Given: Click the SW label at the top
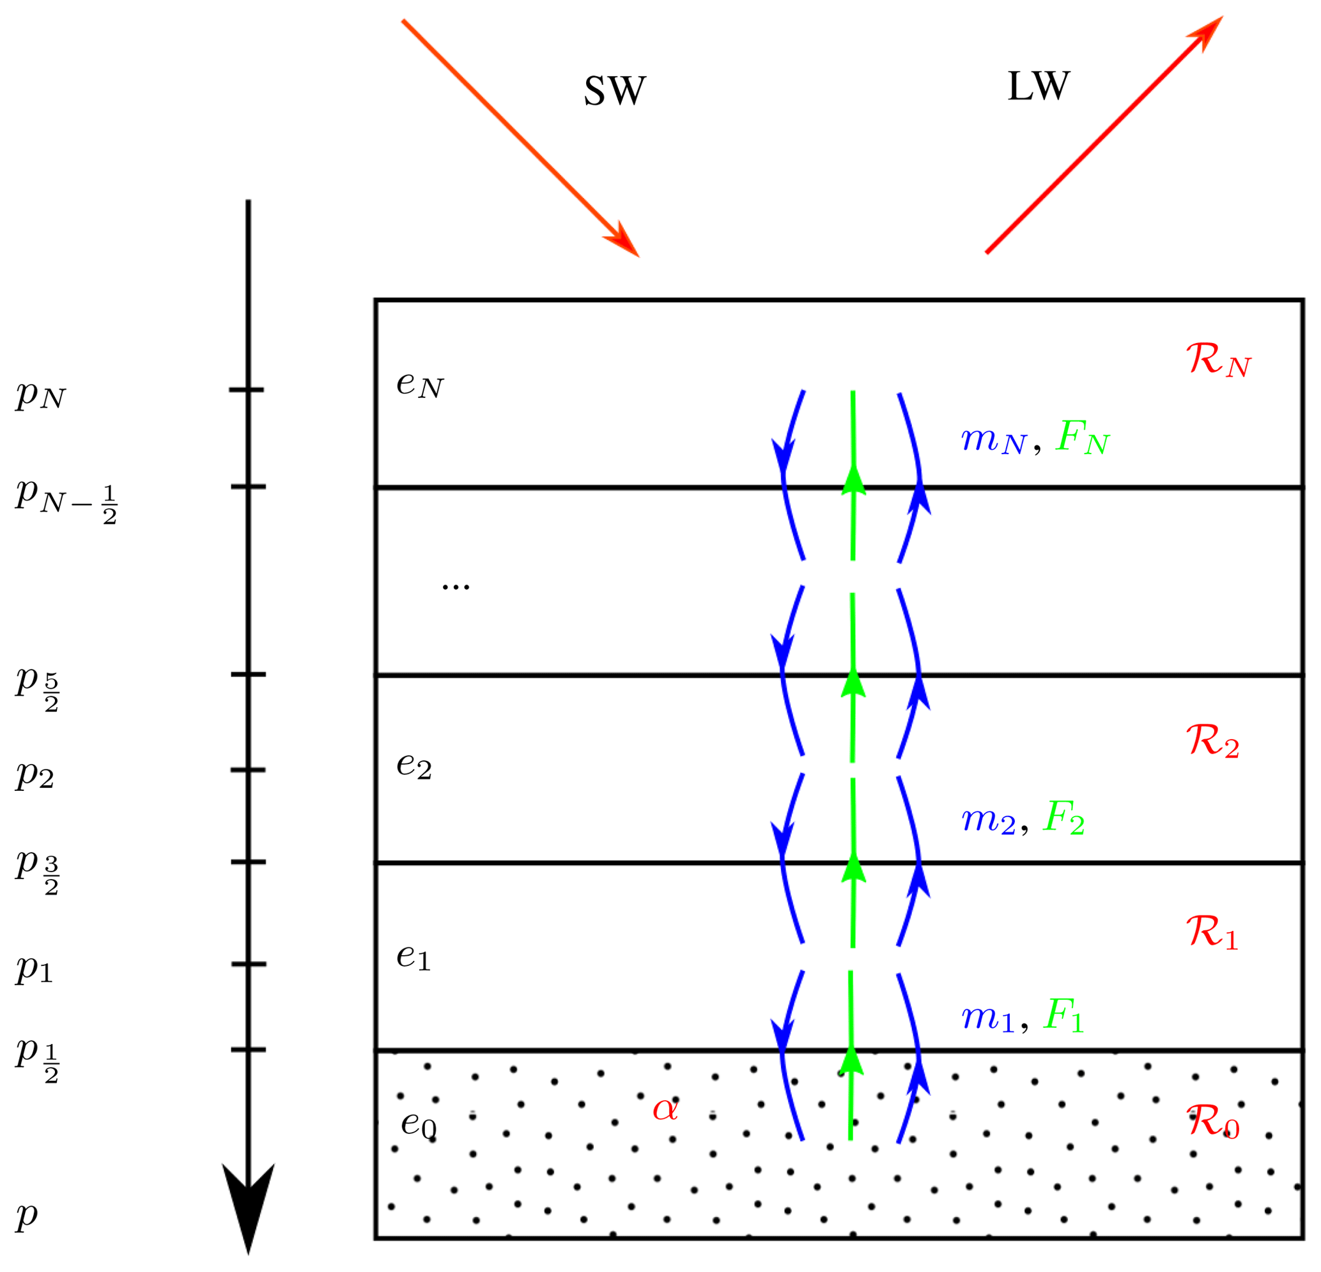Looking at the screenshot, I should coord(614,91).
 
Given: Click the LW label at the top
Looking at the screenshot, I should coord(1038,87).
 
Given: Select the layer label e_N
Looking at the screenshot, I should coord(420,385).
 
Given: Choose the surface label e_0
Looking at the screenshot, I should coord(419,1124).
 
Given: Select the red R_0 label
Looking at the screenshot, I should coord(1212,1122).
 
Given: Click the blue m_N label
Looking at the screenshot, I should coord(993,441).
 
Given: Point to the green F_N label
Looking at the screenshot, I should coord(1083,438).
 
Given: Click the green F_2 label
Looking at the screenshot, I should coord(1063,818).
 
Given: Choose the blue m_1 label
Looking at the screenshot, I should coord(987,1017).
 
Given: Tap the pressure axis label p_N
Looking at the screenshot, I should coord(40,394).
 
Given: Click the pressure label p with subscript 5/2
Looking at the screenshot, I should coord(38,687).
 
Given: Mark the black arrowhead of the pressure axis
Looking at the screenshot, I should coord(248,1206).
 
